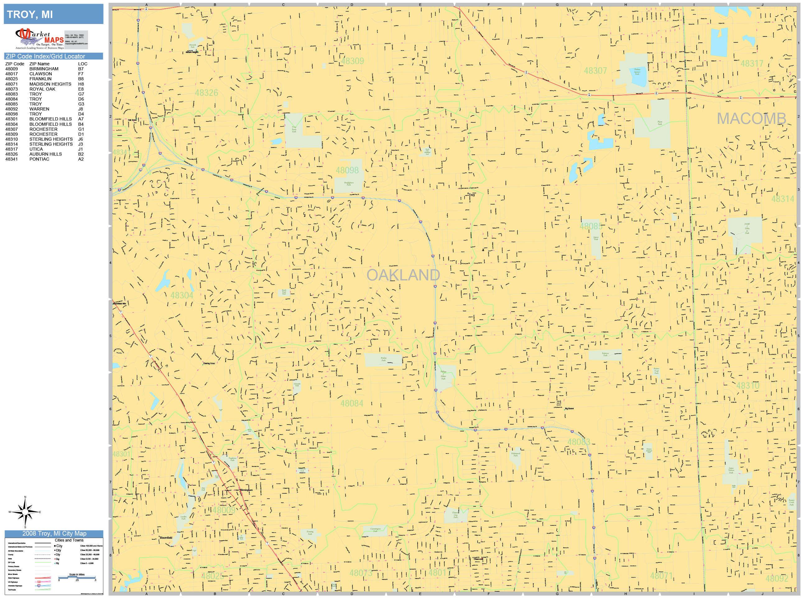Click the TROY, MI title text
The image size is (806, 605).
point(30,15)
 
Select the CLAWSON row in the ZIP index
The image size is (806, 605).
point(40,74)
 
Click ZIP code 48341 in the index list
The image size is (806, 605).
point(11,159)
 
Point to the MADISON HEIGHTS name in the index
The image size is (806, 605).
point(50,84)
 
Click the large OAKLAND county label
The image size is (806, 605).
point(403,275)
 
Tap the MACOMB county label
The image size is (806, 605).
point(751,119)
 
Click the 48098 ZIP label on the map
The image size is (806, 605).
point(347,171)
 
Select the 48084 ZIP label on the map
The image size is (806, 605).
point(352,404)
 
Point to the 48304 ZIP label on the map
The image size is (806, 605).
point(182,296)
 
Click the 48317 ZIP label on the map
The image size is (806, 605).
point(751,64)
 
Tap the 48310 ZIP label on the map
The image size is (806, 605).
point(748,386)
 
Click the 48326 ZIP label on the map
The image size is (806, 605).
point(206,93)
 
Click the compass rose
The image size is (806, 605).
point(25,512)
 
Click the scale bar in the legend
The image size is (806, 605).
point(77,577)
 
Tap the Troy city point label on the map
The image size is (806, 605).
point(471,195)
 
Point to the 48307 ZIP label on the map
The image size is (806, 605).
point(595,71)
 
